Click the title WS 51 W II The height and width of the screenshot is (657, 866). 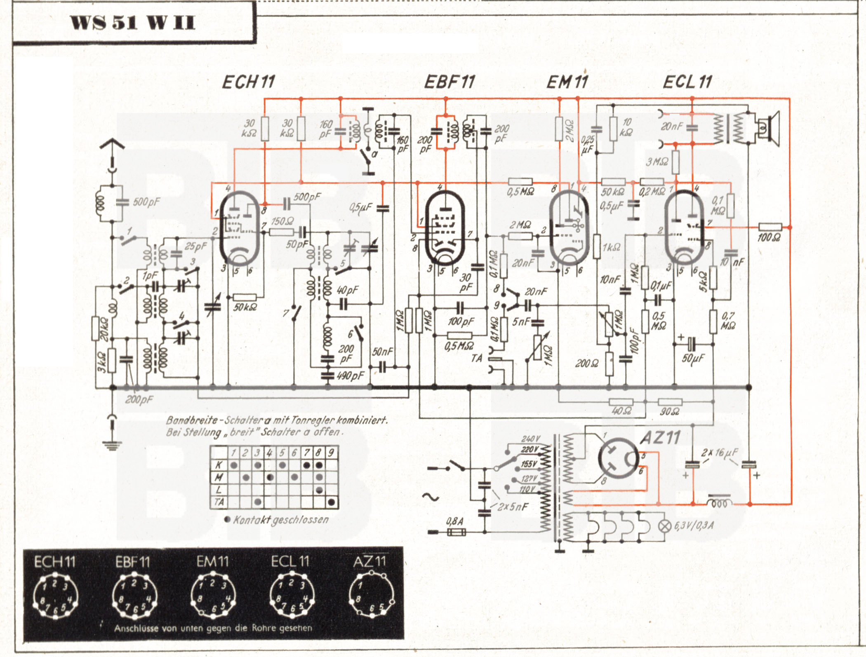click(132, 23)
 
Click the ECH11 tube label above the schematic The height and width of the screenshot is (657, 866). click(248, 82)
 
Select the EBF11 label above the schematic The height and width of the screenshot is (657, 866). click(449, 82)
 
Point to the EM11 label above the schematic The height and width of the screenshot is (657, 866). click(567, 82)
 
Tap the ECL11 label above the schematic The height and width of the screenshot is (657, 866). click(687, 82)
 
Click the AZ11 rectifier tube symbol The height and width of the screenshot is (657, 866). click(618, 458)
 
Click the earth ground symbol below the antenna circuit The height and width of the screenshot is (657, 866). click(112, 445)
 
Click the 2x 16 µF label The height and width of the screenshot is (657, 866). click(719, 452)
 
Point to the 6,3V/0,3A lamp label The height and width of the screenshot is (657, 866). click(694, 526)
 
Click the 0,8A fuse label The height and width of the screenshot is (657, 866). click(454, 521)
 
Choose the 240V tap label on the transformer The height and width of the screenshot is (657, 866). click(530, 439)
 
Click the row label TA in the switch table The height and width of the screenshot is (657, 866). click(219, 502)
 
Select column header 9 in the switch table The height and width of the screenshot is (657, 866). click(331, 453)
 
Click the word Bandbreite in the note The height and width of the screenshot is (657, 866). click(192, 420)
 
